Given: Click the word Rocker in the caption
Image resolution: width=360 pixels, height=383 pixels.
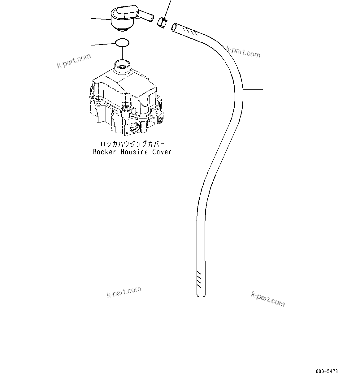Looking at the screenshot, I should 105,152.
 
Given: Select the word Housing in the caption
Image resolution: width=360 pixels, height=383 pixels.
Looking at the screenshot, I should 134,152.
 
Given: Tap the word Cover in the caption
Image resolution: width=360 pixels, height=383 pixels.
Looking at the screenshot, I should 162,152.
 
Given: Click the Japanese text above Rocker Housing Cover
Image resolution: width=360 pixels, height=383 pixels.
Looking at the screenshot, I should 132,144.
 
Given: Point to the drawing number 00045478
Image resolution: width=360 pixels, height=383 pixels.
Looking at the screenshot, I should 327,371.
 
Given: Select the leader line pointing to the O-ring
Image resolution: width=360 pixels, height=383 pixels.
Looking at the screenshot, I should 103,45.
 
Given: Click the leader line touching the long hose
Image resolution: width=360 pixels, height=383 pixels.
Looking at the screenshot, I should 253,90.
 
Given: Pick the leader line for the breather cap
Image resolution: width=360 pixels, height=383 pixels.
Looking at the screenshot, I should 101,19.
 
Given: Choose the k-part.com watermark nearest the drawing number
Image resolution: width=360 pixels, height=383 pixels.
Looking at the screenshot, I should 268,299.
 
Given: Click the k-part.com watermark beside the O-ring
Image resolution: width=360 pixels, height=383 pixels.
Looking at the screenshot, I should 74,60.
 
